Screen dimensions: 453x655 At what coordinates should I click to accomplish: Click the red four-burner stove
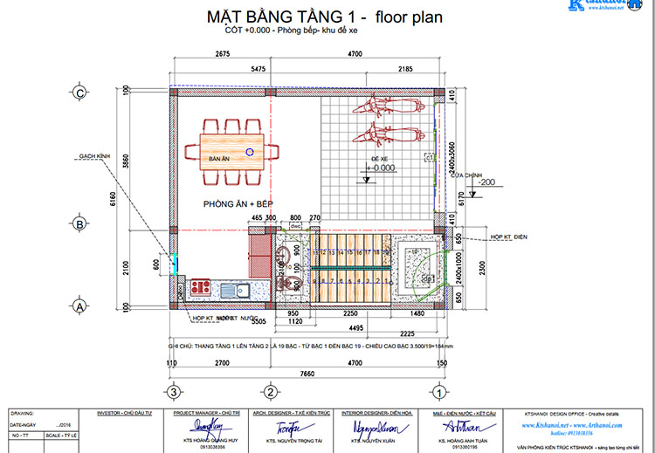[199, 287]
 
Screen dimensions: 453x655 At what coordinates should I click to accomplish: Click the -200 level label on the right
[486, 182]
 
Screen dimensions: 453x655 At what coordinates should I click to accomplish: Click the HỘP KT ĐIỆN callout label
[510, 237]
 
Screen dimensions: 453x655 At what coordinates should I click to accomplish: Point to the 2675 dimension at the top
[221, 55]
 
